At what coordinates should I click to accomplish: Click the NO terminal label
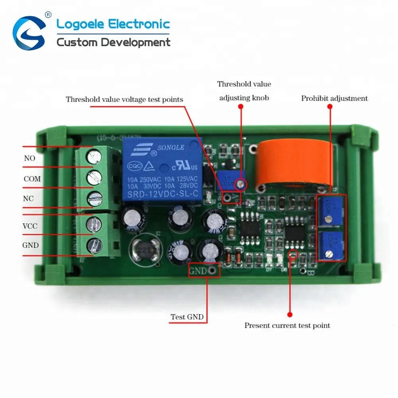point(29,158)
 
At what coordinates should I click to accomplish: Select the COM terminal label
point(32,179)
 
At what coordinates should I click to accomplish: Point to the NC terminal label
point(29,199)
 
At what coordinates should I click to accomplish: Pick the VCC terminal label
point(30,226)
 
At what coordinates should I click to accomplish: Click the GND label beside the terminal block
point(30,245)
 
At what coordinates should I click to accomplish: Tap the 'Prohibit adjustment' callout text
point(334,98)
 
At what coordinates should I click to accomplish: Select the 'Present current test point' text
point(287,326)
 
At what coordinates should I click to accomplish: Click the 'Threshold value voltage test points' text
point(125,99)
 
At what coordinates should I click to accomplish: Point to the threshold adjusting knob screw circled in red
point(240,183)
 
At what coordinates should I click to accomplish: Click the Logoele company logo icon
point(29,33)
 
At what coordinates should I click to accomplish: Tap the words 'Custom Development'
point(113,42)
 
